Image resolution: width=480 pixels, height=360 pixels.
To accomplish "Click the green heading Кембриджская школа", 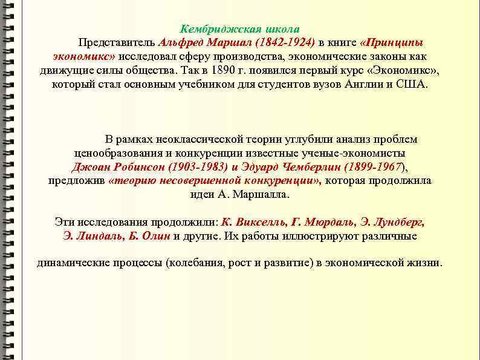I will (240, 29).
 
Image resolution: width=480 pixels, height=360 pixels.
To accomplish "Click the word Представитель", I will (115, 43).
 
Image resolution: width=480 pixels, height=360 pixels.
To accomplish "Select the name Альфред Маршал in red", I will (206, 43).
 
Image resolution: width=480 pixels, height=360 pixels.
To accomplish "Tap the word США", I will (411, 84).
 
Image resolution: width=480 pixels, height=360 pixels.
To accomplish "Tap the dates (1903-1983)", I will (194, 167).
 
